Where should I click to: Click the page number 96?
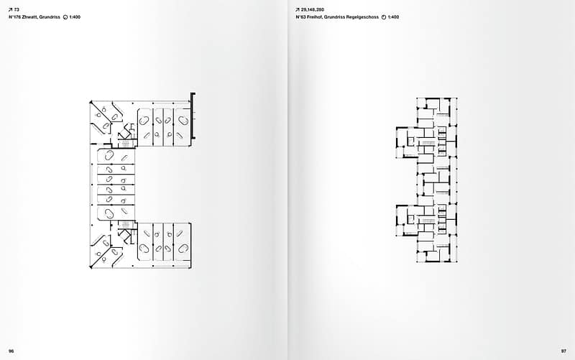pos(11,351)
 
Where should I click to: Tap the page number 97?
pos(563,351)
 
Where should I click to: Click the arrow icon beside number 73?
pos(10,9)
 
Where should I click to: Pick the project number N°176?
pos(14,16)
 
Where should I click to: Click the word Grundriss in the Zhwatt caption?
pos(50,16)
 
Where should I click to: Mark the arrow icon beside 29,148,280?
pos(298,9)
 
